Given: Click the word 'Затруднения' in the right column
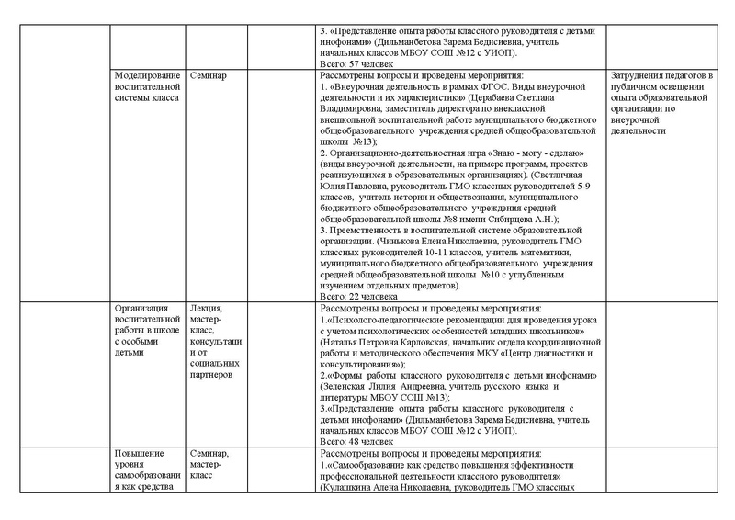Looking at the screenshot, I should click(641, 73).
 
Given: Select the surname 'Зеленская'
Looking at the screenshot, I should click(343, 386).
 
